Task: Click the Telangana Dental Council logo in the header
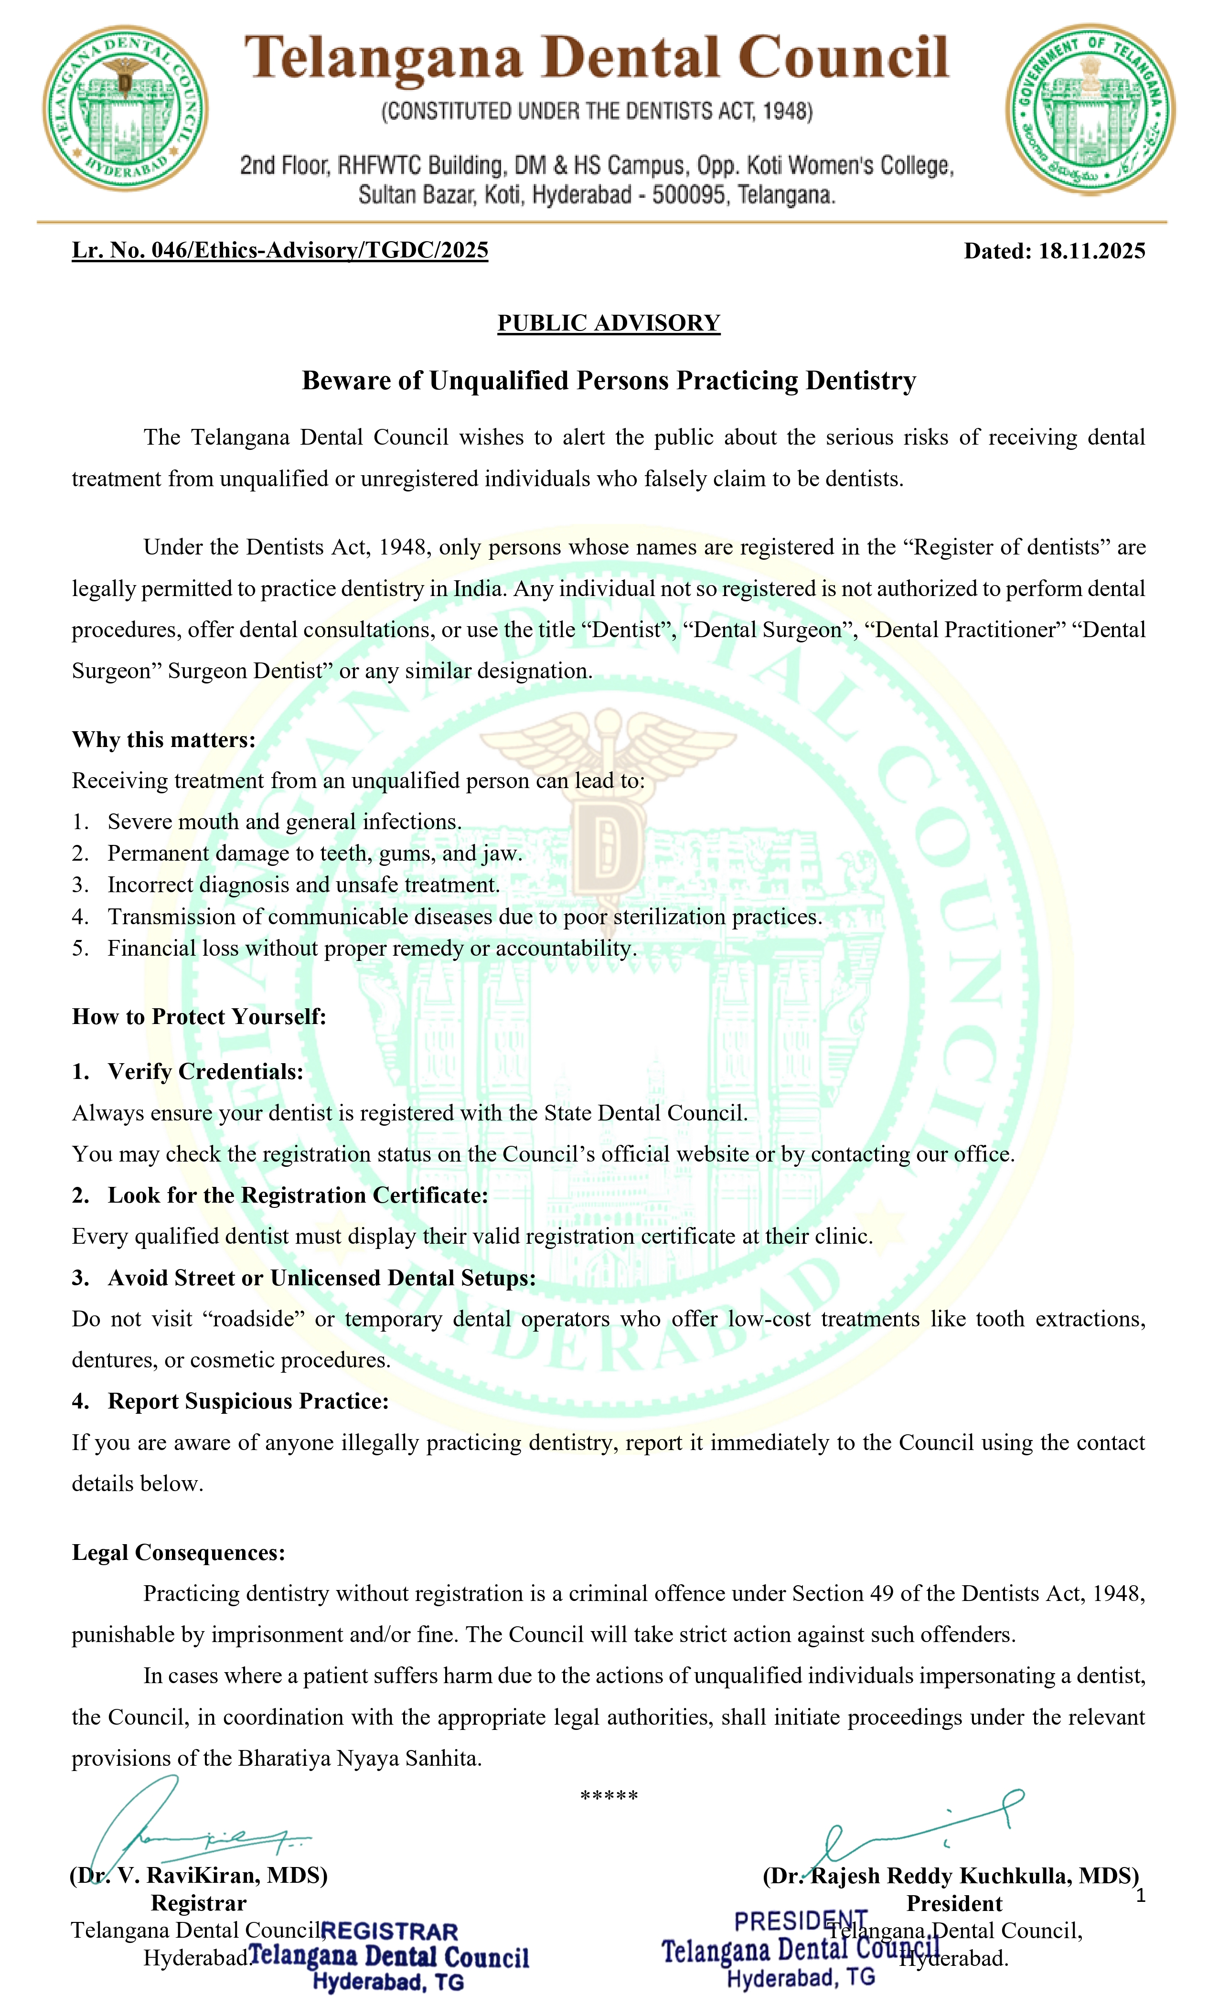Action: click(x=125, y=108)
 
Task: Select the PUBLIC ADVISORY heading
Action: click(x=608, y=323)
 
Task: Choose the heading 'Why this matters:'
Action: click(x=164, y=739)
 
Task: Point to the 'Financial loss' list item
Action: click(x=371, y=949)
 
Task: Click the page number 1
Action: click(x=1141, y=1896)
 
